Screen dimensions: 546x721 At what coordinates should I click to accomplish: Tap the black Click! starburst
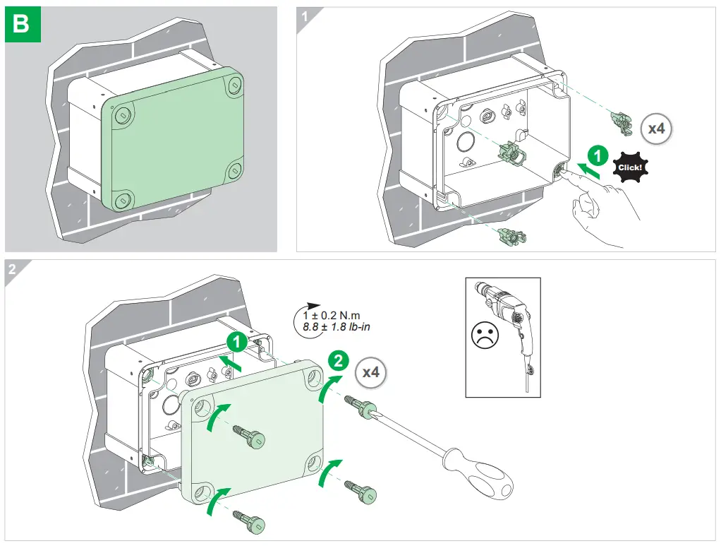coord(629,168)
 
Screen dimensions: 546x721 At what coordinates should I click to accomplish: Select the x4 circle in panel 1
coord(656,129)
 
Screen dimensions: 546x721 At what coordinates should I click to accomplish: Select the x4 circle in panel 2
coord(370,372)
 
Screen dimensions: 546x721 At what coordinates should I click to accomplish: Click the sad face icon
coord(484,335)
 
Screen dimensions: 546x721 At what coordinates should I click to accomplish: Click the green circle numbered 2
coord(339,361)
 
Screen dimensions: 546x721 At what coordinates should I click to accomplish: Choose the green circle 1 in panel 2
coord(236,343)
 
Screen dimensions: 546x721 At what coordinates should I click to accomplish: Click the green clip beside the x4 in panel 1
coord(622,124)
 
